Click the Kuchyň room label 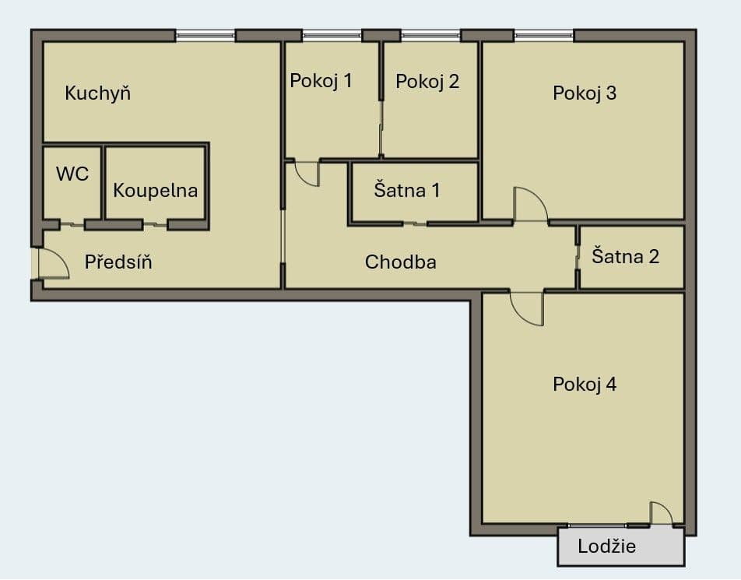[97, 93]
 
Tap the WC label [72, 174]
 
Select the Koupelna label [156, 191]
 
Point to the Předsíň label [118, 262]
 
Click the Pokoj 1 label [321, 81]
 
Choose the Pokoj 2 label [427, 81]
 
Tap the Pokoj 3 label [585, 93]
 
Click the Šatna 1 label [407, 190]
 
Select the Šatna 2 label [625, 256]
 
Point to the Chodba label [401, 262]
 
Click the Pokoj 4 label [585, 385]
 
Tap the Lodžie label [607, 547]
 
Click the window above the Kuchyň [205, 35]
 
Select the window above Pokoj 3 [543, 35]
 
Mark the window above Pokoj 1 [332, 35]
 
